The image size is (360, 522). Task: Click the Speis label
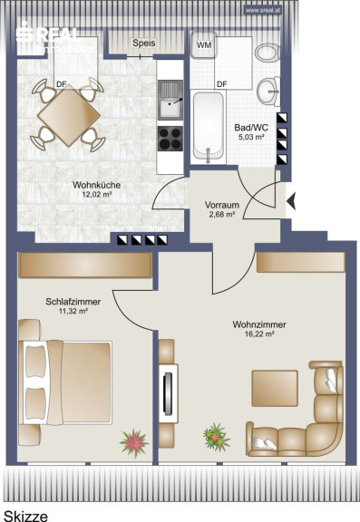tap(144, 43)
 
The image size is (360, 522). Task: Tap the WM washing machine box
tap(204, 45)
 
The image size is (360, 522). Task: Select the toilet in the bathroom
tap(268, 53)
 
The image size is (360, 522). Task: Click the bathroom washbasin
tap(268, 91)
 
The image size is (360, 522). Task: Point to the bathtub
tap(209, 127)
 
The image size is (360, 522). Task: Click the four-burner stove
tap(170, 139)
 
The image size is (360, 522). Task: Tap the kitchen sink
tap(170, 100)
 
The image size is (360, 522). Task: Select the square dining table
tap(69, 115)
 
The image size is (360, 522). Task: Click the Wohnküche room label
tap(97, 185)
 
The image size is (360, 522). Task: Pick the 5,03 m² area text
tap(251, 137)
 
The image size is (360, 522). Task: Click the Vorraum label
tap(222, 205)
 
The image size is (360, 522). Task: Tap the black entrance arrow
tap(291, 201)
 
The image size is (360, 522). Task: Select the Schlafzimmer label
tap(73, 302)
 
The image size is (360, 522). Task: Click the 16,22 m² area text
tap(259, 333)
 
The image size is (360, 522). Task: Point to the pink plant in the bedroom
tap(134, 443)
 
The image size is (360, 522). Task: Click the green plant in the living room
tap(217, 437)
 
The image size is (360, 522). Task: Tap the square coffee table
tap(275, 388)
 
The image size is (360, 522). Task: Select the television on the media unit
tap(168, 392)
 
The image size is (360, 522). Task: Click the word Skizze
tap(25, 516)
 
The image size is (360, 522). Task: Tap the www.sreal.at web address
tap(263, 10)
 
